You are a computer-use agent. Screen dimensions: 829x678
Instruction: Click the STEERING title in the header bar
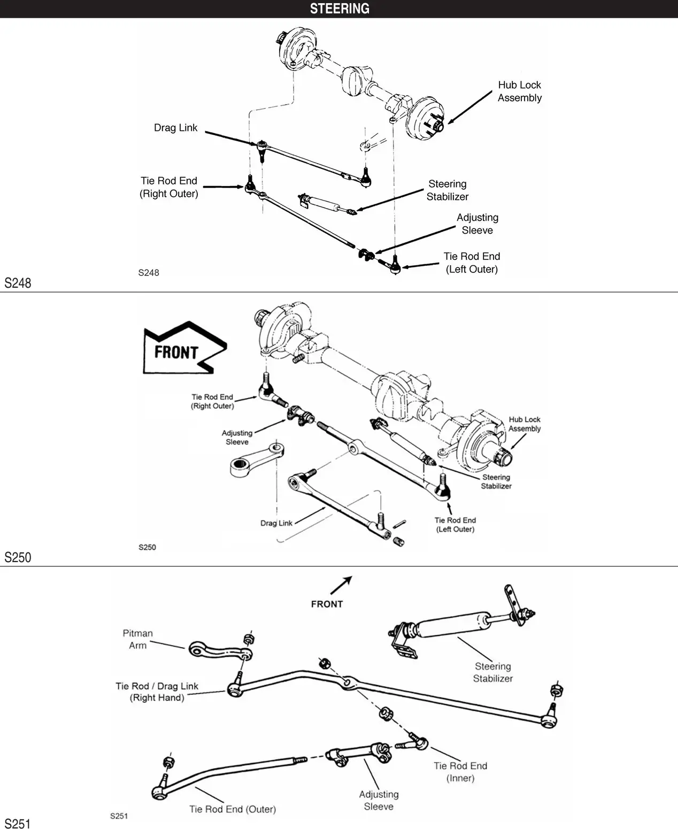(340, 9)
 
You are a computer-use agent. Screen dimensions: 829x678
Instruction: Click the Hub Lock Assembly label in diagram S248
(519, 91)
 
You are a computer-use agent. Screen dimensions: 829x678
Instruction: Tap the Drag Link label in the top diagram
(175, 128)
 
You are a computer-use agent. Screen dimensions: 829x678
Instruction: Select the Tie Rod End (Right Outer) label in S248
(169, 187)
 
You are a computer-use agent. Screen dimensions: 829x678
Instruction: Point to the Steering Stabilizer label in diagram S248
(447, 190)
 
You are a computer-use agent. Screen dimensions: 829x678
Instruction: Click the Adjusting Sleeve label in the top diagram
(477, 224)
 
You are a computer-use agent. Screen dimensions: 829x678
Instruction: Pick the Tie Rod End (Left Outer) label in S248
(472, 263)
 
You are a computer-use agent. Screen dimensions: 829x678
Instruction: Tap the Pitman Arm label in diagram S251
(137, 639)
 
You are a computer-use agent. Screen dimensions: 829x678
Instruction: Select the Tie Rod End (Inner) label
(460, 772)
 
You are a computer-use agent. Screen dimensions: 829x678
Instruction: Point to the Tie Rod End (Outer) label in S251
(233, 809)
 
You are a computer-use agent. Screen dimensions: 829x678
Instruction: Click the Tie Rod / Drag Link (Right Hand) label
(157, 692)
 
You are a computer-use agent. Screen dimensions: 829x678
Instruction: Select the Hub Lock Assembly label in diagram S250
(524, 424)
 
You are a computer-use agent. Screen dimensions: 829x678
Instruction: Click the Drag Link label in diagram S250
(276, 523)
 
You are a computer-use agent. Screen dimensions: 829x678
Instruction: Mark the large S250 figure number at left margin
(18, 557)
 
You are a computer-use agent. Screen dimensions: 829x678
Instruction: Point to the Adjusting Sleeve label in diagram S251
(379, 800)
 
